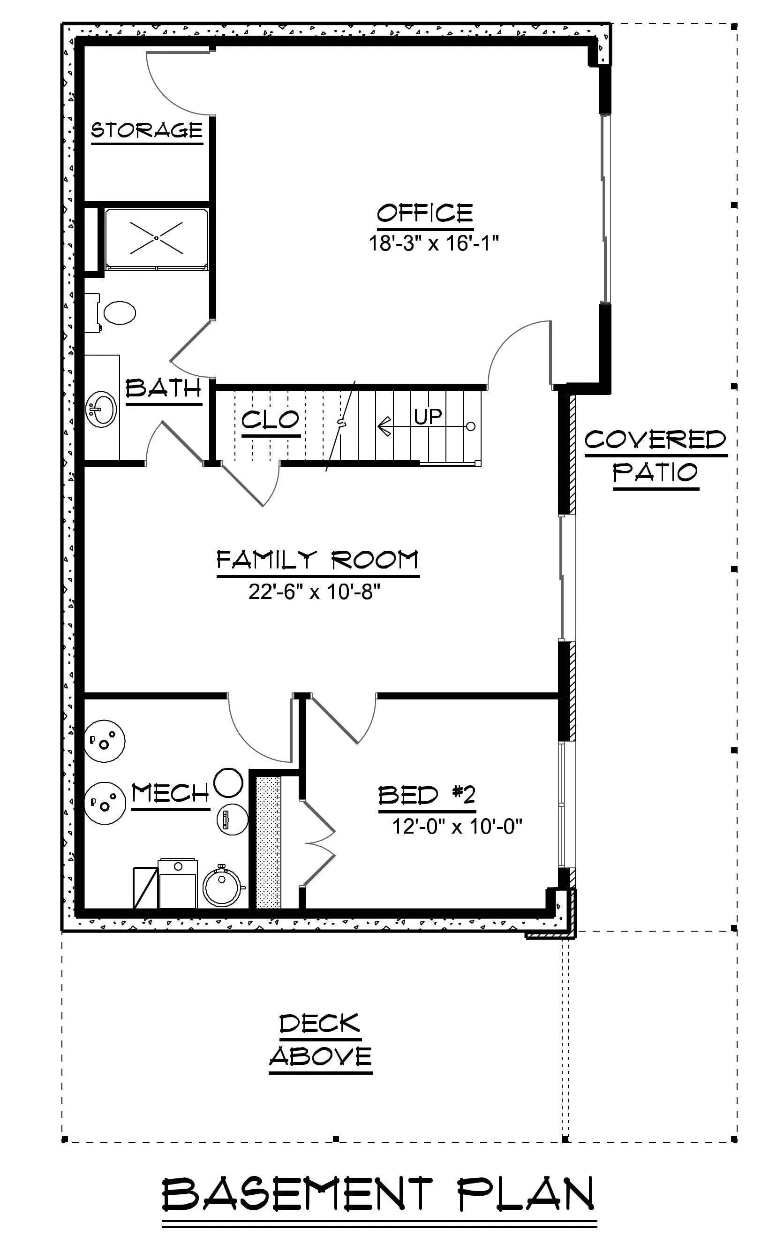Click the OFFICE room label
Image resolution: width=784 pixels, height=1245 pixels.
coord(425,213)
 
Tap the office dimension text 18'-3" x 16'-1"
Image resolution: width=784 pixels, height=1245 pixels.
coord(433,243)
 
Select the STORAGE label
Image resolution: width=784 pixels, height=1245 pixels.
coord(147,130)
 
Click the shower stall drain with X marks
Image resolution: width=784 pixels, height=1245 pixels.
coord(156,238)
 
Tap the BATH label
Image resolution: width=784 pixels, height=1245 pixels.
coord(163,388)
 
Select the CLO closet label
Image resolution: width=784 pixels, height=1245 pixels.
coord(270,420)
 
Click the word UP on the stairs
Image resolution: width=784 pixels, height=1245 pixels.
coord(428,416)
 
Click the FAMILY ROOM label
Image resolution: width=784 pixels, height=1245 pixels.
coord(317,560)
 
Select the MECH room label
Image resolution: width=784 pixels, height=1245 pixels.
coord(171,793)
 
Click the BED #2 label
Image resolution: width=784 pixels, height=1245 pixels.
coord(427,795)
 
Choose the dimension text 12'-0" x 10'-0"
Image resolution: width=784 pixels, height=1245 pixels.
coord(457,826)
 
